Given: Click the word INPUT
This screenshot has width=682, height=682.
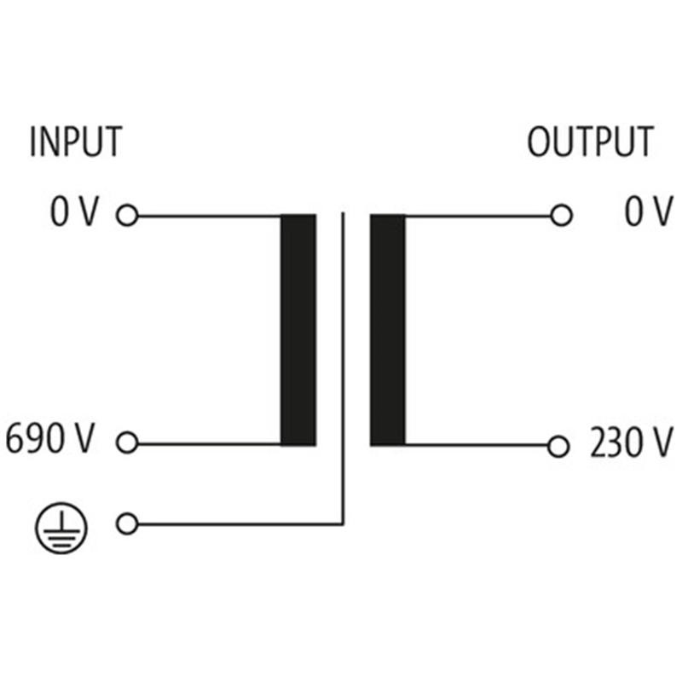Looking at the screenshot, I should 75,142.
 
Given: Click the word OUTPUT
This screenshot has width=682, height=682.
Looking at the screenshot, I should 590,142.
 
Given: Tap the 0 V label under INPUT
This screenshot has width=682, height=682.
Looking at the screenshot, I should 75,213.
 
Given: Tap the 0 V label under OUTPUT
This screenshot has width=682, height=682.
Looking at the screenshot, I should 648,213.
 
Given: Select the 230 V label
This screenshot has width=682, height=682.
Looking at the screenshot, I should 630,443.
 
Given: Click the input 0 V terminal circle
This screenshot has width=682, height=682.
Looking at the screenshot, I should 127,216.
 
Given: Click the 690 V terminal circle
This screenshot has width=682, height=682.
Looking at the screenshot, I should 127,443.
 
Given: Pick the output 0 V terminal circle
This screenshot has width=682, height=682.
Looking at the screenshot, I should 561,216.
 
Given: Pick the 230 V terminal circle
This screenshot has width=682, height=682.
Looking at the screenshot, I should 558,445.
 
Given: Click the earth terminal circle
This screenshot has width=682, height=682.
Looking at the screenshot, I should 127,524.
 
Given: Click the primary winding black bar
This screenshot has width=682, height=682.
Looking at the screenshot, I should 298,330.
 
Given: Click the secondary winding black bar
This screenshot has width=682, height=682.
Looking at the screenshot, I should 388,330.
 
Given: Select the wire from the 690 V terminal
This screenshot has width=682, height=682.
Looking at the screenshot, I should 209,444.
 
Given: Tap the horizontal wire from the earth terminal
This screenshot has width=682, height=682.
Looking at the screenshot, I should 239,524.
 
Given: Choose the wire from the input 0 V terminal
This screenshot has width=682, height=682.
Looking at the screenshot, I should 209,216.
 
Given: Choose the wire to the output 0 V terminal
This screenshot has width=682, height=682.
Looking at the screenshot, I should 477,216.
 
